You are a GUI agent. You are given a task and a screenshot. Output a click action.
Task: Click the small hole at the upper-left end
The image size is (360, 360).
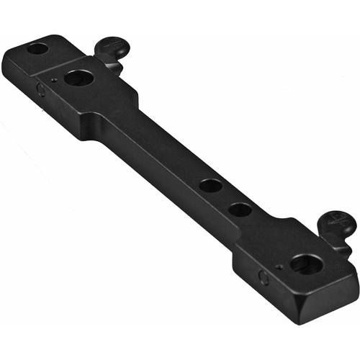(37, 49)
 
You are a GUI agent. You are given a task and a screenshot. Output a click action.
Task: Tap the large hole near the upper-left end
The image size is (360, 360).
(78, 77)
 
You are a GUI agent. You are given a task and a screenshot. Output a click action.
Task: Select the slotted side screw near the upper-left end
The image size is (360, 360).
(41, 90)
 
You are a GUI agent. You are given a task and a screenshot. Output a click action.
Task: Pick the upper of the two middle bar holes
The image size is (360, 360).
(211, 185)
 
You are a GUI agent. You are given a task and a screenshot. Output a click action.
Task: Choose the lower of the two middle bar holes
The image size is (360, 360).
(240, 210)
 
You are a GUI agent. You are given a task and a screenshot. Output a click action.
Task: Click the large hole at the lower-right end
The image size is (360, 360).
(307, 264)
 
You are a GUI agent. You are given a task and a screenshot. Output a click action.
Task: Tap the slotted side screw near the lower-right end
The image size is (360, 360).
(264, 277)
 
